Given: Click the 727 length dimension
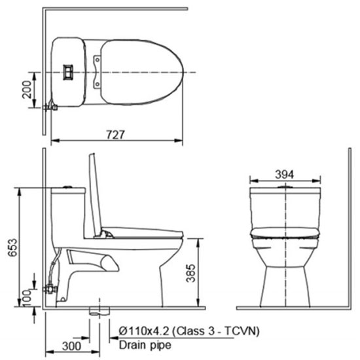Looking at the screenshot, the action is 115,135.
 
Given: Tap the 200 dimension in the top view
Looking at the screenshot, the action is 27,90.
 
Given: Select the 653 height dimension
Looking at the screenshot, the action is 12,247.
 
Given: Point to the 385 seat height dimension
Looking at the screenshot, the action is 190,273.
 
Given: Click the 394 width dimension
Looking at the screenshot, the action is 285,175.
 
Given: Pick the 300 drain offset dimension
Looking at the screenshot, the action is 71,346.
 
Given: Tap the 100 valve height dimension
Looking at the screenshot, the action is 27,298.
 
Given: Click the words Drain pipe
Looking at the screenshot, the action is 145,345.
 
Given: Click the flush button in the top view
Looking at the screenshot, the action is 68,72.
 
